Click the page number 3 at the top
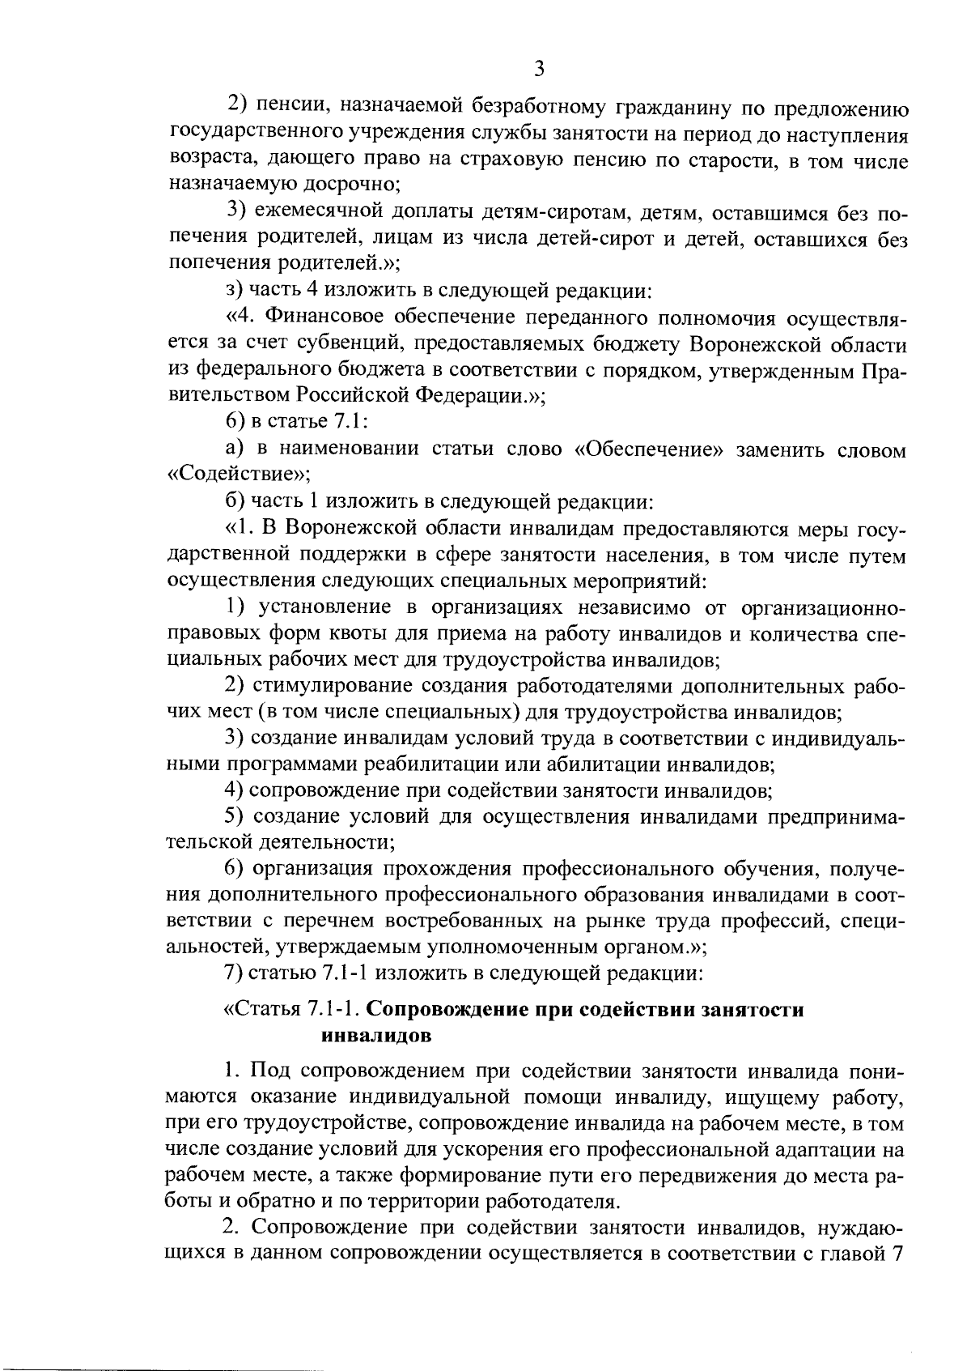[x=539, y=69]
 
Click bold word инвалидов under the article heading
[x=376, y=1036]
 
